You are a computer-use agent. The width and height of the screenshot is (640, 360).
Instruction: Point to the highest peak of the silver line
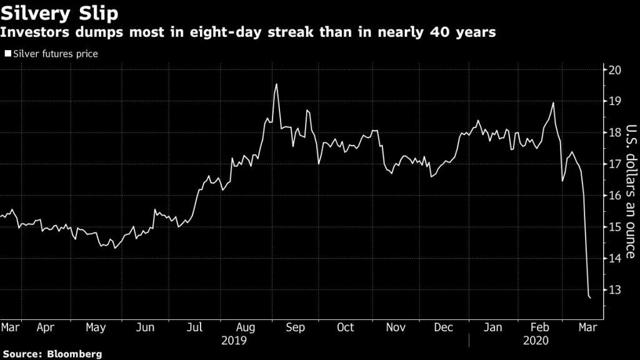click(x=276, y=84)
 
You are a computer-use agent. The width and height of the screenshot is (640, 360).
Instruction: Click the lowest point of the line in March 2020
click(x=591, y=298)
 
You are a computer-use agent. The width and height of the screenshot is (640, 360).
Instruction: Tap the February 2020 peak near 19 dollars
click(x=553, y=103)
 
